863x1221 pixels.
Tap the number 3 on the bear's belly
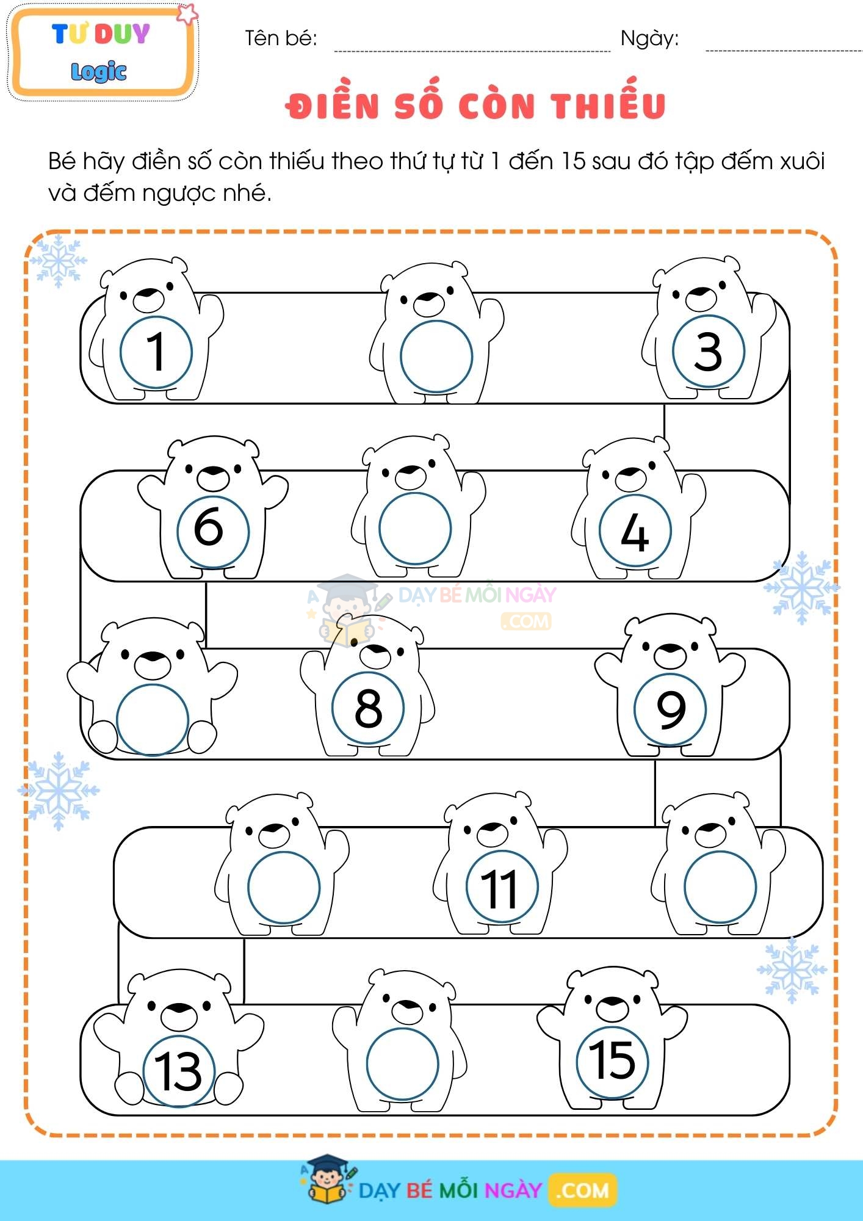point(708,352)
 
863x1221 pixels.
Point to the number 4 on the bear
point(635,532)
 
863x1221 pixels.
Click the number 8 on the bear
point(368,708)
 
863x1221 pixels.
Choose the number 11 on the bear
point(500,888)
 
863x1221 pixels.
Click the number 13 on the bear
point(178,1071)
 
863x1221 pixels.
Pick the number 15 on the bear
point(612,1060)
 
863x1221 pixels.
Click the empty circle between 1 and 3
point(436,357)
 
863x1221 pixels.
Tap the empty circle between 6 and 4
point(415,529)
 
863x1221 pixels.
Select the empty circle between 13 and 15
point(402,1064)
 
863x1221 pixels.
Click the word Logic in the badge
point(99,71)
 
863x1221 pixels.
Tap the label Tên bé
point(281,38)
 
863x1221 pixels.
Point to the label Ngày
point(649,39)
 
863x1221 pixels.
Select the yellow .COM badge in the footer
point(583,1190)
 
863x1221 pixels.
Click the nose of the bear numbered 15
point(613,1005)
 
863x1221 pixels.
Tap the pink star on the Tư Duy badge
point(187,13)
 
